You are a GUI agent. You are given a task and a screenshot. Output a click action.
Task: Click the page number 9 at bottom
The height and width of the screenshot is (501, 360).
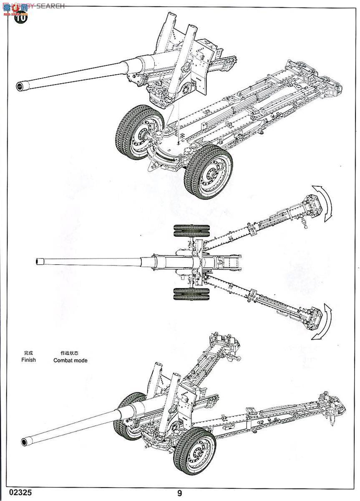click(179, 493)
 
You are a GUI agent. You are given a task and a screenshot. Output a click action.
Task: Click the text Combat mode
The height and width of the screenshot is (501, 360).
click(70, 360)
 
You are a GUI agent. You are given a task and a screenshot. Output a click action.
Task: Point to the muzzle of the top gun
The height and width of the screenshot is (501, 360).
click(19, 86)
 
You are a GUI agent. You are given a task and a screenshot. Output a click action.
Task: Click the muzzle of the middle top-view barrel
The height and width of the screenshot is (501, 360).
click(40, 261)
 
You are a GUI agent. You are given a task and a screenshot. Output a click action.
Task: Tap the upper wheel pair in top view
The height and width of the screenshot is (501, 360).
click(192, 232)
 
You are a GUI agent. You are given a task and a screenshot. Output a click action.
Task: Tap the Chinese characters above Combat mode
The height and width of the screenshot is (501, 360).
click(69, 352)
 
